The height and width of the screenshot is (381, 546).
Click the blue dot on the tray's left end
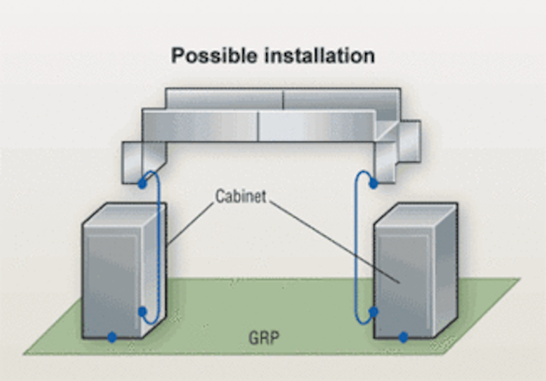pyautogui.click(x=142, y=183)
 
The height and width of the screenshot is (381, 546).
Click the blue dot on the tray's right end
pyautogui.click(x=373, y=182)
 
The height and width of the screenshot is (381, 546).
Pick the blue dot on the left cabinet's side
pyautogui.click(x=142, y=313)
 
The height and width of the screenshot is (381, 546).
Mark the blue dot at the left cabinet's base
pyautogui.click(x=112, y=337)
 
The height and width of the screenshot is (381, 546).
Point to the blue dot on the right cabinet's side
pyautogui.click(x=373, y=312)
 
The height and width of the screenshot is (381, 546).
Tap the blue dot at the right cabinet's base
pyautogui.click(x=403, y=338)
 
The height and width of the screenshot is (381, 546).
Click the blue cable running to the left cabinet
pyautogui.click(x=160, y=247)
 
